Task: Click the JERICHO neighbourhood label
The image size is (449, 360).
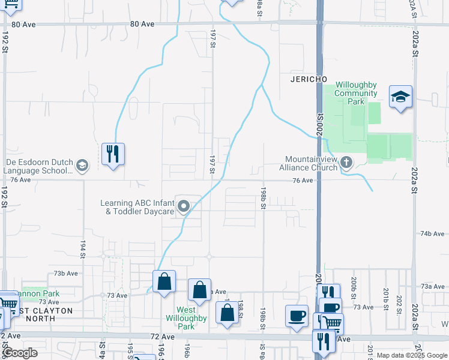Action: (x=309, y=79)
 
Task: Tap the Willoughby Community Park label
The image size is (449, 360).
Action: (x=356, y=93)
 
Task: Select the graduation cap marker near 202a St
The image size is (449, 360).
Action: (x=400, y=97)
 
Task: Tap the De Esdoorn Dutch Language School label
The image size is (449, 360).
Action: (x=39, y=166)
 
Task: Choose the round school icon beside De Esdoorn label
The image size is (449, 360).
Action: (x=82, y=165)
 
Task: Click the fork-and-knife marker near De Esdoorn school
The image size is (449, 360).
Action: (x=112, y=154)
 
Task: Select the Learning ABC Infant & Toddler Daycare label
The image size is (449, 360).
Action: (x=137, y=206)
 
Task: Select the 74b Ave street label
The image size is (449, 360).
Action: (x=432, y=233)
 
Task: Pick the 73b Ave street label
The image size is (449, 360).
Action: (x=65, y=273)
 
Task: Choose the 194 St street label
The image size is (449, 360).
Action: (x=83, y=245)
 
